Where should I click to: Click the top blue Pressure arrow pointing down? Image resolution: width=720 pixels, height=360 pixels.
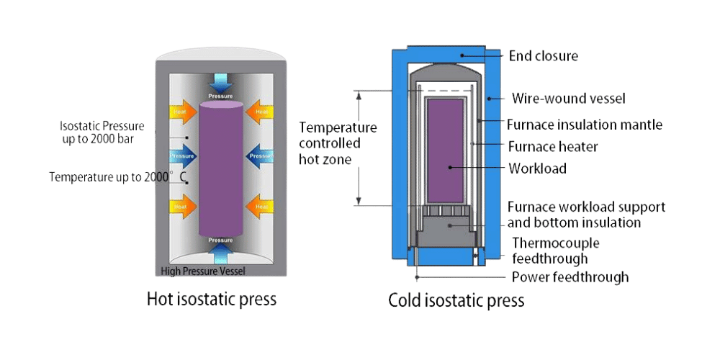(220, 83)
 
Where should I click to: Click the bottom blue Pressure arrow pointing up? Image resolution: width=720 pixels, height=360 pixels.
(220, 249)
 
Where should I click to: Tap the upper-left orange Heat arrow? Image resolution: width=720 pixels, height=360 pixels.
(181, 112)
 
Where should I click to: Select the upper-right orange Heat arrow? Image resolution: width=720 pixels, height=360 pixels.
(259, 112)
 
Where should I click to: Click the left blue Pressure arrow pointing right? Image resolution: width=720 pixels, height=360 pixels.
(182, 155)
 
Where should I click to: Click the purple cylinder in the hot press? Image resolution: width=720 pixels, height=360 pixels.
(220, 169)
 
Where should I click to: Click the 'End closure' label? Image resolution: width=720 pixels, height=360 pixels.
(544, 55)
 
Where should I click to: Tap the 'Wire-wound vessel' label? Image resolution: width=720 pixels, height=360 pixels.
(568, 98)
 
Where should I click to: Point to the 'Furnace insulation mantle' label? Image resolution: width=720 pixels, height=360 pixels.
(584, 125)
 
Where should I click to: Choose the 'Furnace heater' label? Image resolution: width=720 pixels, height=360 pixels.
(552, 147)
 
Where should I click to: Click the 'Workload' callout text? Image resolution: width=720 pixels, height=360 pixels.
(537, 168)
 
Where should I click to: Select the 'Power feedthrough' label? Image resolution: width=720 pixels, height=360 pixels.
(570, 277)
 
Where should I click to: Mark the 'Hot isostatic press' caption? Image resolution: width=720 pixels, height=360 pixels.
(211, 299)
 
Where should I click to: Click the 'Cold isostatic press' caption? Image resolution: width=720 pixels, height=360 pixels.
(456, 300)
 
